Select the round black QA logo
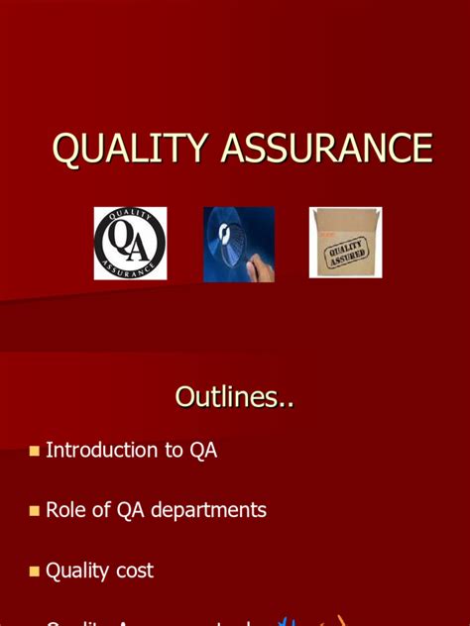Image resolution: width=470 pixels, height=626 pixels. click(130, 243)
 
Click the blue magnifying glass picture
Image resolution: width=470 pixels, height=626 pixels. click(239, 243)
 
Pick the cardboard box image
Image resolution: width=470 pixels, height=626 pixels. click(345, 242)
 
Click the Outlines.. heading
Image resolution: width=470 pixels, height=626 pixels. click(234, 397)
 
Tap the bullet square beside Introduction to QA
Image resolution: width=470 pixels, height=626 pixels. click(35, 451)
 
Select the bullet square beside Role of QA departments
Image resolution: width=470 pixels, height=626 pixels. click(35, 511)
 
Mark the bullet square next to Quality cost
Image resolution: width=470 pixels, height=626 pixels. click(35, 572)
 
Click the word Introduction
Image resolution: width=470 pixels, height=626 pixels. click(102, 450)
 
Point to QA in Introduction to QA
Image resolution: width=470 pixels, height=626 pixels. click(203, 450)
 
